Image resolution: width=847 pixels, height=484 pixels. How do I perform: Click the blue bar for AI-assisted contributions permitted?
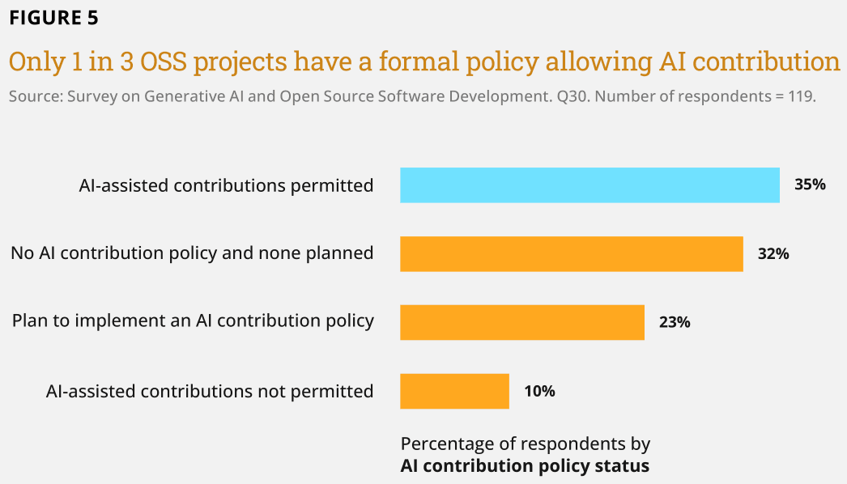tap(589, 185)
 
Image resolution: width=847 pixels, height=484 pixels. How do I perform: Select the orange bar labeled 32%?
tap(572, 254)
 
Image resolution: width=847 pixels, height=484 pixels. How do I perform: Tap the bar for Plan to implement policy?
tap(522, 322)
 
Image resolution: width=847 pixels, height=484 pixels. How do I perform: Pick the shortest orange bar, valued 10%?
tap(455, 391)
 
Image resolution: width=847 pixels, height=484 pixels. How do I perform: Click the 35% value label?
tap(810, 185)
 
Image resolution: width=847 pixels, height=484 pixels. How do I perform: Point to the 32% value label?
tap(773, 253)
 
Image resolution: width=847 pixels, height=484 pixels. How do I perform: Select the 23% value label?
tap(675, 322)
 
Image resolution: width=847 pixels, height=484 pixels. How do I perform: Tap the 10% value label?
tap(539, 391)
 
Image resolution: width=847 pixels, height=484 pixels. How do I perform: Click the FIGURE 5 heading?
tap(54, 18)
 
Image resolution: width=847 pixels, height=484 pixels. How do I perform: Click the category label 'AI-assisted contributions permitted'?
tap(227, 186)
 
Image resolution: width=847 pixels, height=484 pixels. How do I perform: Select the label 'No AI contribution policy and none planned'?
tap(192, 253)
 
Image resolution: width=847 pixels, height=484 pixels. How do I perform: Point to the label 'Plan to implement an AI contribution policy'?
tap(193, 321)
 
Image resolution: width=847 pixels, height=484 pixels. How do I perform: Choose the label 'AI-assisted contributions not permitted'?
tap(210, 391)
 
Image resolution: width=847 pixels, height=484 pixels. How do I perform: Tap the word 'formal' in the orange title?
tap(418, 61)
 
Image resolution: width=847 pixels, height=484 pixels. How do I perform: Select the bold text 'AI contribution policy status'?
tap(525, 465)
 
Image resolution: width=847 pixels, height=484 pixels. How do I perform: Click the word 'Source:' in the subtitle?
tap(36, 96)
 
